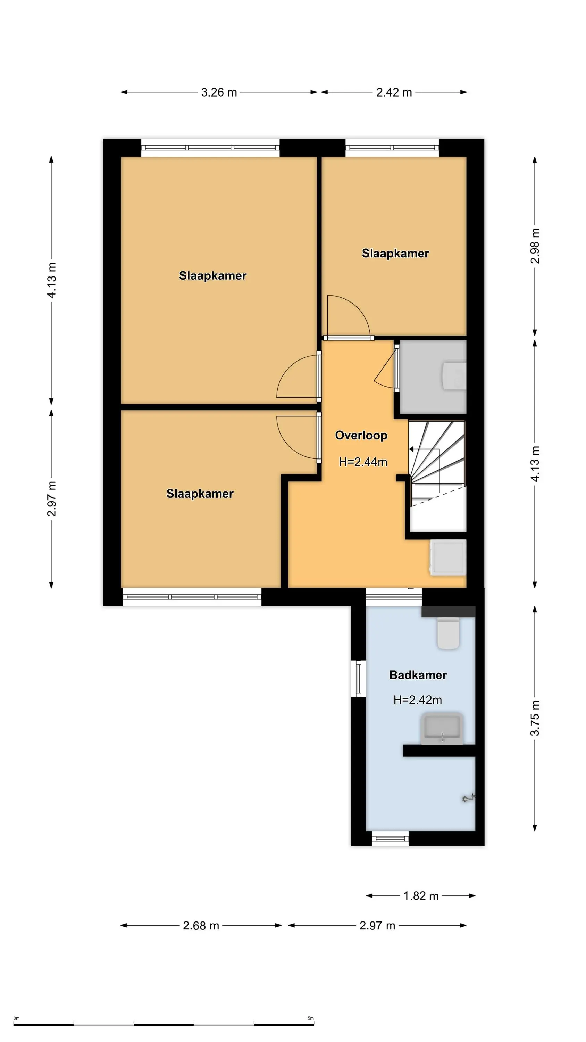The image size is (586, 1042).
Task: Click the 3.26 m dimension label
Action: [219, 92]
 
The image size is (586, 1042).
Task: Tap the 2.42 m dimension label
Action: [394, 92]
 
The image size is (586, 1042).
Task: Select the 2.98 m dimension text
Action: [535, 246]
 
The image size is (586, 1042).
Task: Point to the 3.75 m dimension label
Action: [535, 718]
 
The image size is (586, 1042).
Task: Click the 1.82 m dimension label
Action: [421, 896]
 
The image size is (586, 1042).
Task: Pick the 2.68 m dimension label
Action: [201, 926]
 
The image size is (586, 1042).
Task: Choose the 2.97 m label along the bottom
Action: [377, 926]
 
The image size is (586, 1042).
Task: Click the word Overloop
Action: [361, 435]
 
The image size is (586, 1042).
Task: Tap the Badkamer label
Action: [418, 675]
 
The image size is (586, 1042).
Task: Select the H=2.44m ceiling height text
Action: [363, 462]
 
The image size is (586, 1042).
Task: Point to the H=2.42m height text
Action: [417, 700]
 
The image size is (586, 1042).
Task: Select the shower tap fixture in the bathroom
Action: [469, 798]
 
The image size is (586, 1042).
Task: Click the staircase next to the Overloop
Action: [437, 476]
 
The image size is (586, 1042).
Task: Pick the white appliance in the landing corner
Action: [448, 557]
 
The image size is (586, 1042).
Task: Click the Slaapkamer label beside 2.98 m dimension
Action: [395, 253]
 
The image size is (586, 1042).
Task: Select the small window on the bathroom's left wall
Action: [358, 678]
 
